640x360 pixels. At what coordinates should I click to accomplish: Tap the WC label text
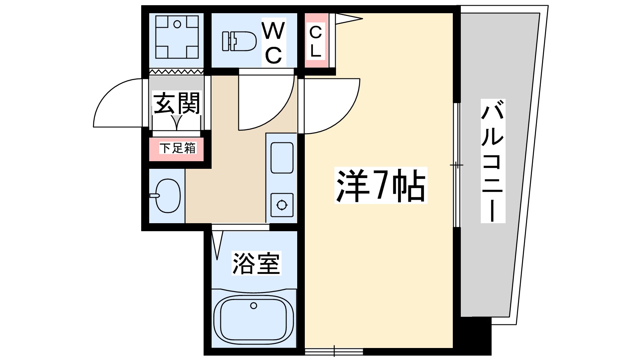click(274, 43)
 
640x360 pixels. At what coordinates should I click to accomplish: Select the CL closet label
click(316, 41)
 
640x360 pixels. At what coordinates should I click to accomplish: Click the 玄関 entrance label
click(176, 103)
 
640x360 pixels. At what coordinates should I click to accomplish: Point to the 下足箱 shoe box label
click(178, 148)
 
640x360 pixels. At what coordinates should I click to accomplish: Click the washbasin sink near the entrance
click(167, 196)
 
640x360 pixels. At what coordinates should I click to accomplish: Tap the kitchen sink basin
click(282, 158)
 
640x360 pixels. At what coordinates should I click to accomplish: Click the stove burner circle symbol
click(282, 205)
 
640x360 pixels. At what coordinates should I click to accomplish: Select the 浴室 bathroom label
click(256, 263)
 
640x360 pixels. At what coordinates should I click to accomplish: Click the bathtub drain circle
click(254, 306)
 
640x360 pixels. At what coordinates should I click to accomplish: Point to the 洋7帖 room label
click(380, 186)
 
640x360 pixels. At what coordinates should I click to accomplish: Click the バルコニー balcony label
click(492, 161)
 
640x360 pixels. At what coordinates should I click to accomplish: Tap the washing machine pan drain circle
click(177, 24)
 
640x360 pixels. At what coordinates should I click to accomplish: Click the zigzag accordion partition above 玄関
click(176, 72)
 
